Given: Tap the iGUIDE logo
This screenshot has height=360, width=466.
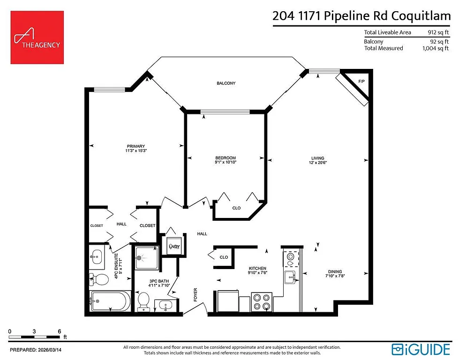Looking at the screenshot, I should [x=421, y=349].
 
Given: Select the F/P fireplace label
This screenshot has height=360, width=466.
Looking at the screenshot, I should [x=361, y=82].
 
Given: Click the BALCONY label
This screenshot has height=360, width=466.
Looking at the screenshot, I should [x=226, y=83].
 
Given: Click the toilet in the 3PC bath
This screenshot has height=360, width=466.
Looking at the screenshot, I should [x=144, y=300].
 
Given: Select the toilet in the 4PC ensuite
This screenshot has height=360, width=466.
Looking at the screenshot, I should [x=98, y=280].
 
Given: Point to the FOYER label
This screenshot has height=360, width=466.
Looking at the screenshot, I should [x=196, y=294].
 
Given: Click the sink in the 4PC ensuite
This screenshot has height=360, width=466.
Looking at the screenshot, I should [x=97, y=256].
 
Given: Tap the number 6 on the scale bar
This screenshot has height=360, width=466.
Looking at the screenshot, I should [x=60, y=331].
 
